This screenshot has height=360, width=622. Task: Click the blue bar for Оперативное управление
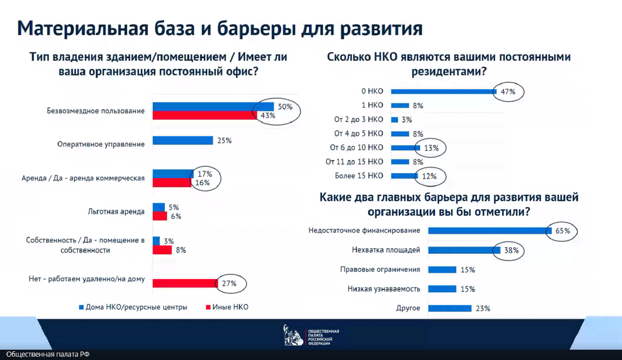tap(183, 140)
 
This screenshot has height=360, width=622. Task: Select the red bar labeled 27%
tap(185, 283)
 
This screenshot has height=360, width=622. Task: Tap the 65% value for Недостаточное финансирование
tap(563, 231)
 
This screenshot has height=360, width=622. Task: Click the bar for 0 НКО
tap(443, 91)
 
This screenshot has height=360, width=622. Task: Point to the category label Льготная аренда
tap(116, 212)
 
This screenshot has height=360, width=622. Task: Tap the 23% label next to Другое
tap(483, 308)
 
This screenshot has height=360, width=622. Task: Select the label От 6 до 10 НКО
tap(356, 148)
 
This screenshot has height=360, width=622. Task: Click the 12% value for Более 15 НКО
tap(429, 176)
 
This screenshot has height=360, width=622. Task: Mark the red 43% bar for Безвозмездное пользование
tap(205, 115)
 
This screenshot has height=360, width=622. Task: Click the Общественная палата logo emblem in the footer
tap(294, 335)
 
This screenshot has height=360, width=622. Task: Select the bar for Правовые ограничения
tap(442, 270)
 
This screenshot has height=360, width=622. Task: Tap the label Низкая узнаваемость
tap(384, 289)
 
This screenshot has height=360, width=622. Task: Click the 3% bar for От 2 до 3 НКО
tap(395, 120)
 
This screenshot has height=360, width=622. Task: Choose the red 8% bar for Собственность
tap(162, 250)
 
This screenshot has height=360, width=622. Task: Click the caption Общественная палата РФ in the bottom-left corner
tap(48, 355)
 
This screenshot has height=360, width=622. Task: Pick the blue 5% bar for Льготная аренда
tap(158, 207)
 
